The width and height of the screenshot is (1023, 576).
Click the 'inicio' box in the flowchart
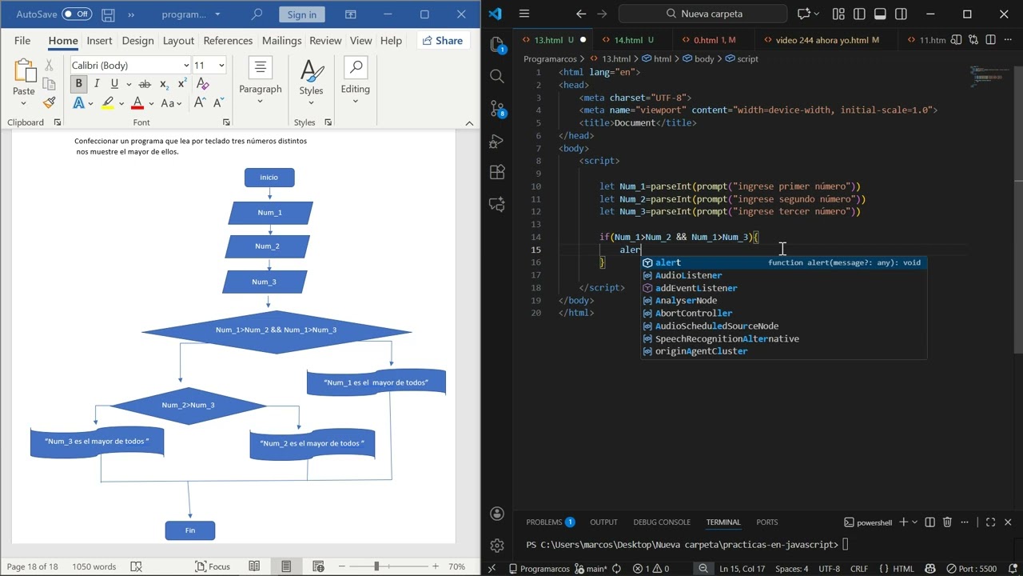[269, 178]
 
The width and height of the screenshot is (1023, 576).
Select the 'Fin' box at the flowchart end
[190, 530]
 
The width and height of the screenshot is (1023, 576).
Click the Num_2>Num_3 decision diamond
[188, 406]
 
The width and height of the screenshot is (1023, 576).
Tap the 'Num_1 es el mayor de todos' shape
[376, 382]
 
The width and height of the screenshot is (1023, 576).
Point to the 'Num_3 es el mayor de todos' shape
[97, 442]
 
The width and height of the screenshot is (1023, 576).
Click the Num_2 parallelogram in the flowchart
[267, 246]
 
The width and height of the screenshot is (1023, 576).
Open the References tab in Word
[228, 41]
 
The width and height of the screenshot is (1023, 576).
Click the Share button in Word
[443, 41]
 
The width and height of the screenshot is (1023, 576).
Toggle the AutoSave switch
[76, 14]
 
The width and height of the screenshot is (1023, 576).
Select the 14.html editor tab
[628, 40]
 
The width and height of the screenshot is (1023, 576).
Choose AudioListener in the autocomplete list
[688, 275]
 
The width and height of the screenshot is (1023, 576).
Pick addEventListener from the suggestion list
[696, 288]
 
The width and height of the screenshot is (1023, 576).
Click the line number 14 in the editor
[536, 237]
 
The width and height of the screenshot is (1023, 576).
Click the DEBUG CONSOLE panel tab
[662, 522]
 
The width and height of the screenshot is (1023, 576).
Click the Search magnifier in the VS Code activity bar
[497, 76]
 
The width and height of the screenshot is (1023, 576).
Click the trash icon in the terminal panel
[947, 522]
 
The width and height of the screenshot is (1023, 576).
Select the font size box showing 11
[209, 66]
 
